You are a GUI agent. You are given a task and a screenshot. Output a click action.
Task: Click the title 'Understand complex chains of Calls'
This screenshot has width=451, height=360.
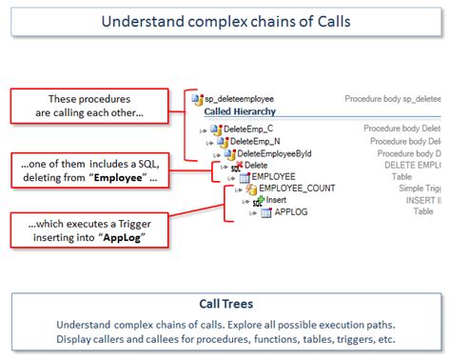[x=225, y=22]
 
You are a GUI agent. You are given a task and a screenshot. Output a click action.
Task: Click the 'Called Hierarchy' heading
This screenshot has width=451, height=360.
[x=239, y=111]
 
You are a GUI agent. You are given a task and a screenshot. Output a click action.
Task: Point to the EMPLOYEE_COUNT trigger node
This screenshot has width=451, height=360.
[x=296, y=189]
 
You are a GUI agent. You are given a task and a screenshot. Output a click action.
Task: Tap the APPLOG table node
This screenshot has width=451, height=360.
[x=291, y=213]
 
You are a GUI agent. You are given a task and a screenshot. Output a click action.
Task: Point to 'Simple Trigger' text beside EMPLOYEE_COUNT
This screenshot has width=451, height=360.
[x=419, y=189]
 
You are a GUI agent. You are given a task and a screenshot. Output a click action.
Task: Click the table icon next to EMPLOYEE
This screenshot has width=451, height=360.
[x=245, y=177]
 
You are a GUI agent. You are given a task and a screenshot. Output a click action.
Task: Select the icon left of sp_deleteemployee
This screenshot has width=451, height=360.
[x=197, y=98]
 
